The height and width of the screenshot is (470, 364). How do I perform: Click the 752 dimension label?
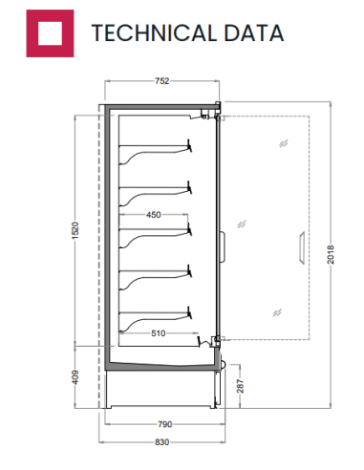[161, 81]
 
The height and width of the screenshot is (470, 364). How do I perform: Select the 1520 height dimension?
[75, 230]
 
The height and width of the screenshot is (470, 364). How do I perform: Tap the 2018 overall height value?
[331, 254]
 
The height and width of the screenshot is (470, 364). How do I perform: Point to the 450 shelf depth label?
[154, 215]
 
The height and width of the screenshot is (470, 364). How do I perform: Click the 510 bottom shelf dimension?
[159, 333]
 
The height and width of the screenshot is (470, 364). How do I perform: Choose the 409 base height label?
[75, 377]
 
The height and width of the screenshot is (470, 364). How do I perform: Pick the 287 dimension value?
[240, 386]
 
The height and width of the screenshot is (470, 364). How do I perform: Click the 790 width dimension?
[165, 424]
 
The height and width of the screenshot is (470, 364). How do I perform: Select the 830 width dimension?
[161, 442]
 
